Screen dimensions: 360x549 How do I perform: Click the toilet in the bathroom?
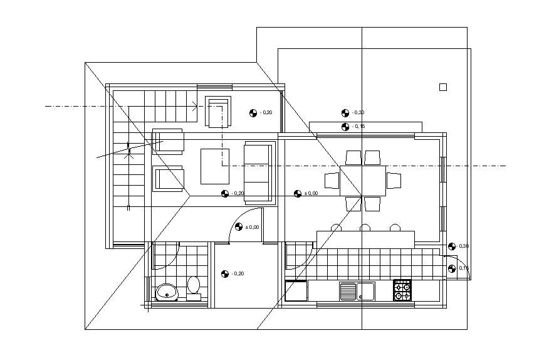(x=194, y=286)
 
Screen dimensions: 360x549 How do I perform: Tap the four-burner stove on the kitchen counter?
(x=402, y=290)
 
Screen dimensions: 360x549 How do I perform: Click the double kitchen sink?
(x=357, y=291)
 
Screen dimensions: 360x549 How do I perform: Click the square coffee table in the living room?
(x=215, y=166)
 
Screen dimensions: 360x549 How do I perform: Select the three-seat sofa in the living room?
(x=259, y=172)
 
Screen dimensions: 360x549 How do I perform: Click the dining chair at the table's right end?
(x=394, y=181)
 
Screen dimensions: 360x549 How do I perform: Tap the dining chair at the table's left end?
(x=332, y=181)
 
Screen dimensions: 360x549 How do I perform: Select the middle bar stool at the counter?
(x=365, y=228)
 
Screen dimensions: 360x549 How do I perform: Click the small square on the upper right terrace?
(x=443, y=87)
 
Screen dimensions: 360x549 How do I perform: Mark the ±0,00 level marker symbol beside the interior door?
(x=239, y=227)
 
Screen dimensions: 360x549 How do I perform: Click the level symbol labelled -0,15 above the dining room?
(x=345, y=127)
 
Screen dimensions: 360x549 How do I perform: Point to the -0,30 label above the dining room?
(x=358, y=113)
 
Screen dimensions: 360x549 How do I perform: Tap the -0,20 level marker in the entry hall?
(x=225, y=273)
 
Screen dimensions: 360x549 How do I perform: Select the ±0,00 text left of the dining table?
(x=311, y=194)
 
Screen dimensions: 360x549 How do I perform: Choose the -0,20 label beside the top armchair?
(x=266, y=113)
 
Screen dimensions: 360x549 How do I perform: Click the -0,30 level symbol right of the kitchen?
(x=452, y=246)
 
